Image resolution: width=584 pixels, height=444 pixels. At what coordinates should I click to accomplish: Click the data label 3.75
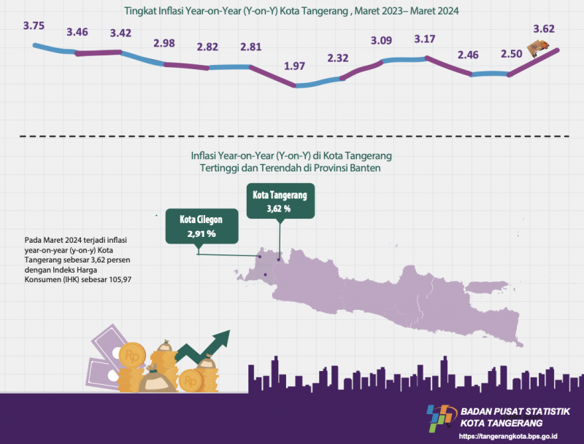click(x=34, y=26)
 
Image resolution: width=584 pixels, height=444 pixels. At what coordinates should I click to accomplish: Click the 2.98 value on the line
click(x=164, y=43)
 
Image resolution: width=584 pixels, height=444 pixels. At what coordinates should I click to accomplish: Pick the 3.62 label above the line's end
click(x=545, y=30)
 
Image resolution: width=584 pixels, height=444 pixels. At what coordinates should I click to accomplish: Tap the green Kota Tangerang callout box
click(x=281, y=201)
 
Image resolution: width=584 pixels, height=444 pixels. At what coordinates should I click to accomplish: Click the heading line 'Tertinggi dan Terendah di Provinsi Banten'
click(x=291, y=168)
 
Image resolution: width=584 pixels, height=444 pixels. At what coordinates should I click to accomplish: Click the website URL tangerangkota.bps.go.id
click(x=508, y=437)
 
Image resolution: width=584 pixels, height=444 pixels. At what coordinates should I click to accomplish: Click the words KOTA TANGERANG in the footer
click(x=500, y=424)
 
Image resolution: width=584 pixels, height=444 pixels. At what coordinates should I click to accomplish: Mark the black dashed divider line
click(x=292, y=136)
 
